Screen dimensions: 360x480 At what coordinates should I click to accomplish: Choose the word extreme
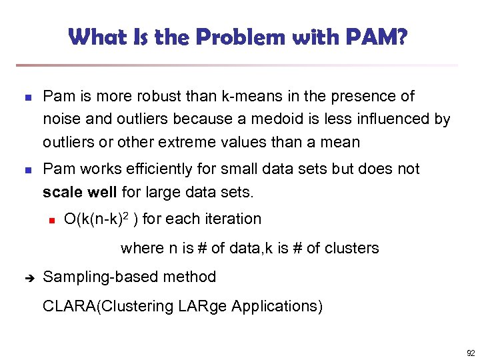tap(240, 142)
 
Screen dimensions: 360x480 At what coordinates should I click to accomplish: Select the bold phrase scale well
tap(80, 193)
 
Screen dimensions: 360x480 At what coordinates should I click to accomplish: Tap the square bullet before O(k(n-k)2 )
tap(49, 219)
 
